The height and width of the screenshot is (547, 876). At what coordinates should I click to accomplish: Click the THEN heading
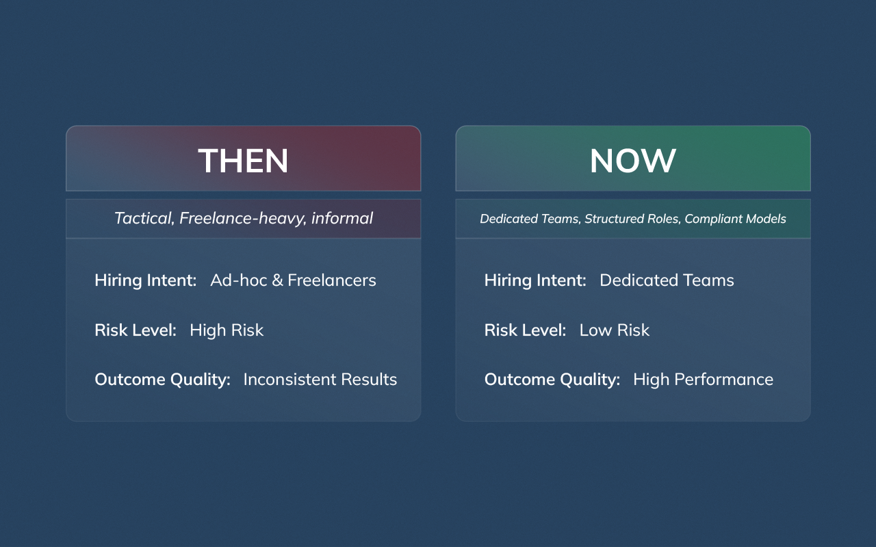click(x=243, y=161)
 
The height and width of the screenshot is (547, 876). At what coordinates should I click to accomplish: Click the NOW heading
click(x=632, y=161)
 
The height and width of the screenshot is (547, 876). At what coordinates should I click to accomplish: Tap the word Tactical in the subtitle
click(x=144, y=218)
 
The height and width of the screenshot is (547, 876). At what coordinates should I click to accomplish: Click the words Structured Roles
click(x=632, y=219)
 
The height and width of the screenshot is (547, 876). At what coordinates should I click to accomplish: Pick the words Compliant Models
click(x=736, y=219)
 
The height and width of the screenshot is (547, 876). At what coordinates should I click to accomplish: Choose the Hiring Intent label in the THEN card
click(x=145, y=280)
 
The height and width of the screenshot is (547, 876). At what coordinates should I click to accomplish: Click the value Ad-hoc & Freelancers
click(x=293, y=280)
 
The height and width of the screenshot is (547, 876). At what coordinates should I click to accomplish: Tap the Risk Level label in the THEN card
click(x=136, y=330)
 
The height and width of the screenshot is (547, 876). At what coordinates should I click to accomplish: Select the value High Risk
click(x=227, y=330)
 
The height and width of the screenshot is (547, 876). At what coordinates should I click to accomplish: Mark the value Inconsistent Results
click(x=320, y=379)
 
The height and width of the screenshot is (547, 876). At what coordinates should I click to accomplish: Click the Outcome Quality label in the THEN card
click(x=162, y=379)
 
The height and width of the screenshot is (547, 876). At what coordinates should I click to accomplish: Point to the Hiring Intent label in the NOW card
click(x=535, y=280)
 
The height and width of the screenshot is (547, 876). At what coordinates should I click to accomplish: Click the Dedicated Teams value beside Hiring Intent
click(x=667, y=280)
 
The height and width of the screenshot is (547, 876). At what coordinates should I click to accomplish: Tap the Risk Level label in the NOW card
click(x=525, y=330)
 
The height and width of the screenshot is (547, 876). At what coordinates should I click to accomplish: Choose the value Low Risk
click(x=614, y=330)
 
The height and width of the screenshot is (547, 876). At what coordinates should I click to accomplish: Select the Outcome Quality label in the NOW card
click(x=552, y=379)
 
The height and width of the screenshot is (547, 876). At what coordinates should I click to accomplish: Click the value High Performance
click(x=703, y=379)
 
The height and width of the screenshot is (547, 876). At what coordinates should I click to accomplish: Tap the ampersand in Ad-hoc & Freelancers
click(x=278, y=280)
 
